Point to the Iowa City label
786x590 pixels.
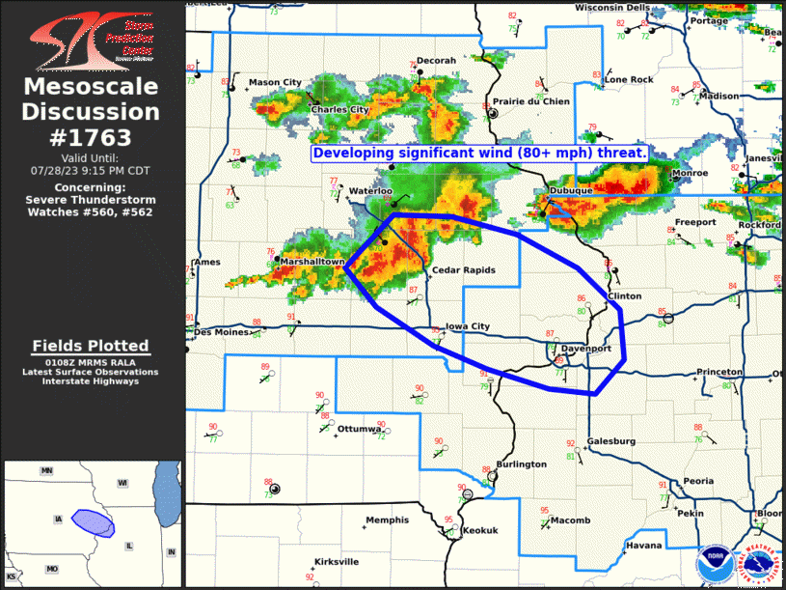pos(468,327)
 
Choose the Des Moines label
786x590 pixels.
pos(216,332)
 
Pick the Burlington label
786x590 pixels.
pos(522,464)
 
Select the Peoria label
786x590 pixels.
pos(698,481)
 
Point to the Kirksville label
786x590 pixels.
pos(337,561)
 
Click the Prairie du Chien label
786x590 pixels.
pos(530,101)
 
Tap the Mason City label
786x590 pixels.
pos(275,83)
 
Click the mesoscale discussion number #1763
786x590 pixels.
pos(91,138)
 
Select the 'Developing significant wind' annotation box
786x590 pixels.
pos(479,154)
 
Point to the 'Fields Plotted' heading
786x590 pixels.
pos(91,346)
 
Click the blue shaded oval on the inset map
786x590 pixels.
pos(95,522)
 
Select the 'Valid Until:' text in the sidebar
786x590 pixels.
pos(90,157)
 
